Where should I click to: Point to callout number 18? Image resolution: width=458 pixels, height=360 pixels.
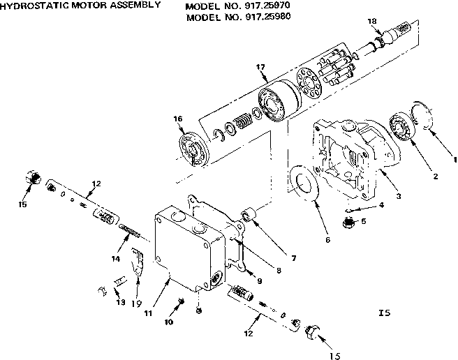372,22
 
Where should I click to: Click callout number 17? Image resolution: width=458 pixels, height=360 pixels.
260,67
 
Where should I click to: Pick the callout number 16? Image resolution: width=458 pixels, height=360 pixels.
178,119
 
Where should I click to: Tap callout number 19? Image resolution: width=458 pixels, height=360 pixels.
137,304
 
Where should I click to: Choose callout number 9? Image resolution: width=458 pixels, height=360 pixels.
260,281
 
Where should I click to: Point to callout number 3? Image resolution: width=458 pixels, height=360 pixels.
398,197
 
